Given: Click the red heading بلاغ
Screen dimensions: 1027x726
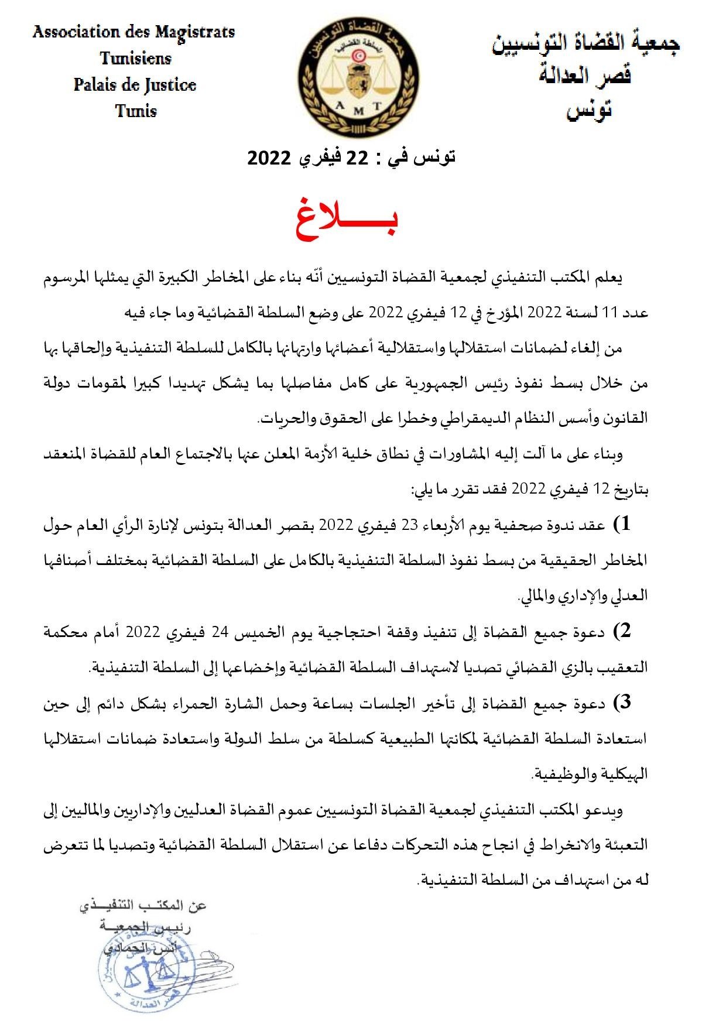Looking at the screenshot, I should pos(347,223).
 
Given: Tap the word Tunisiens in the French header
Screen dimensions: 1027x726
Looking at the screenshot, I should pos(135,59).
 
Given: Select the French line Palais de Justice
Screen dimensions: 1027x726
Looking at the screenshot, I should pos(135,85).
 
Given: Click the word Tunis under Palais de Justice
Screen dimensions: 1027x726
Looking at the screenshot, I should pos(136,111).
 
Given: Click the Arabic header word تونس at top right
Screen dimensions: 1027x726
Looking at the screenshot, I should pos(589,109).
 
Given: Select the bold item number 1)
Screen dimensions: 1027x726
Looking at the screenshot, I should pos(622,524).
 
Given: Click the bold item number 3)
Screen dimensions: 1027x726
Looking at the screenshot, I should pos(622,701).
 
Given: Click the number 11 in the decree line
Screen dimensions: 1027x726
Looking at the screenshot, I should pos(611,313).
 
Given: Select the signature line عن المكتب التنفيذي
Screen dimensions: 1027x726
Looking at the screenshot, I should pos(143,906).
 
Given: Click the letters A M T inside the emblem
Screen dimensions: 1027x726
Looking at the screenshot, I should pos(359,107).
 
